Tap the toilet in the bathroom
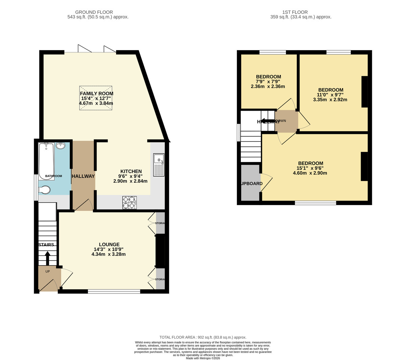point(44,190)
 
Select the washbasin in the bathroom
point(61,146)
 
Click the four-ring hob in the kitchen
point(130,202)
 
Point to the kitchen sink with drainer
point(159,165)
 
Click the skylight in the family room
point(96,98)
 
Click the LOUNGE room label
point(109,244)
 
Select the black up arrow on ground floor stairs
point(47,258)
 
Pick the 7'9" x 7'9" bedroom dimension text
point(268,82)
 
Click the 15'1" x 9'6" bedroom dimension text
point(310,168)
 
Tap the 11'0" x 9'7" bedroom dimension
point(330,95)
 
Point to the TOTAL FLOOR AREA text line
point(203,337)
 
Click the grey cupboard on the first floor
point(250,183)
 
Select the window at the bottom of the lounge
point(114,291)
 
